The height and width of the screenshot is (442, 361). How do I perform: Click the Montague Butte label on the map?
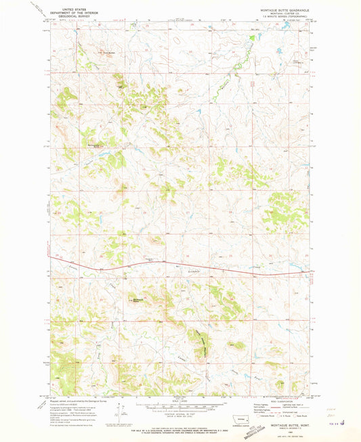(139, 300)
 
